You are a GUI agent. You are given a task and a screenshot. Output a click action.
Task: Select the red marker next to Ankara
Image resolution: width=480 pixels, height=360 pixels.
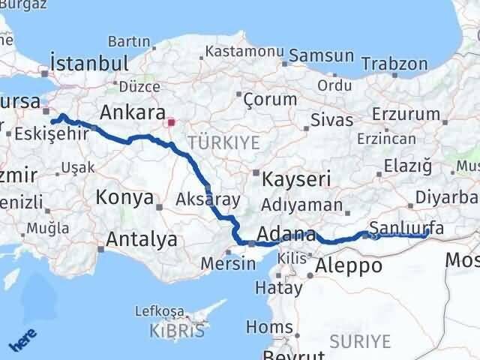(x=172, y=121)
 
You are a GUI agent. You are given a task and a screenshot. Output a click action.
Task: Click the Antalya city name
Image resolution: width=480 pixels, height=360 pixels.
(x=142, y=239)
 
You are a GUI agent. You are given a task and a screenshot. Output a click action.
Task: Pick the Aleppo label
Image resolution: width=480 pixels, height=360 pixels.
(x=349, y=265)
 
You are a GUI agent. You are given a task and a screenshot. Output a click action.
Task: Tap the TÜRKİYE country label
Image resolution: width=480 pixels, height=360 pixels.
(x=223, y=142)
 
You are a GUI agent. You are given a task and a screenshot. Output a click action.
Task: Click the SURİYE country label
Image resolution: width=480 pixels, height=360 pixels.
(x=364, y=341)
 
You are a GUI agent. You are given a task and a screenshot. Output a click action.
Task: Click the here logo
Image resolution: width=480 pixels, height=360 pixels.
(x=22, y=340)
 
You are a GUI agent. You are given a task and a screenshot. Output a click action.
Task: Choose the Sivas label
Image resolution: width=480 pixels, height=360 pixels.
(x=331, y=119)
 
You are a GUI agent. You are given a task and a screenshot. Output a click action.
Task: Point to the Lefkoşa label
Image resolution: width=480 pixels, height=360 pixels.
(x=159, y=310)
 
